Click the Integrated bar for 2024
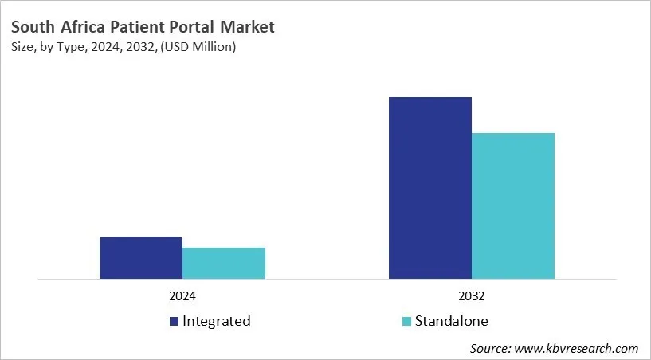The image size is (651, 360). (141, 257)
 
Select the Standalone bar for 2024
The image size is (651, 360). (224, 263)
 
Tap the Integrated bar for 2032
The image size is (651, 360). (430, 188)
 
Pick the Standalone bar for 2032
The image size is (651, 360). (513, 205)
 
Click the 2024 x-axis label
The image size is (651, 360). (182, 295)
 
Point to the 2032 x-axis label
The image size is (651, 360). (472, 295)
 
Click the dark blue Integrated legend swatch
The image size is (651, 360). (173, 322)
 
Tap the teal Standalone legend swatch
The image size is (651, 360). (406, 322)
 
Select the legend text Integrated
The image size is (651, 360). (216, 321)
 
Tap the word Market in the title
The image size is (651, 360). (248, 27)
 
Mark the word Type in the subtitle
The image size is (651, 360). (73, 48)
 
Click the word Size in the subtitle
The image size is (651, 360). (23, 48)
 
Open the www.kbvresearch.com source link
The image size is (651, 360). (578, 349)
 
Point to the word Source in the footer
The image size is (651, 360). (490, 349)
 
